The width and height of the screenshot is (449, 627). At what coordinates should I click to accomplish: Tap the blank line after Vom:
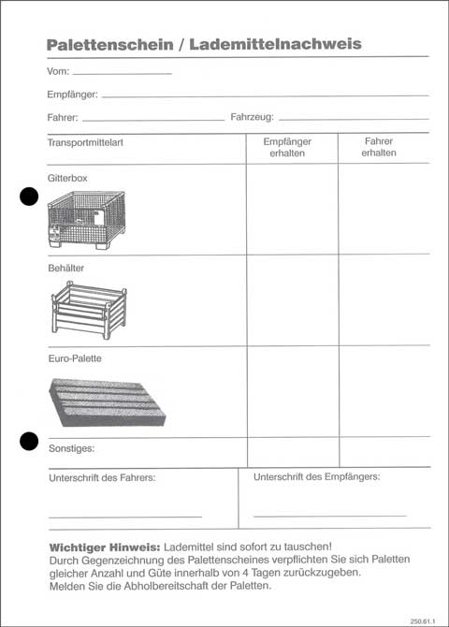[x=115, y=72]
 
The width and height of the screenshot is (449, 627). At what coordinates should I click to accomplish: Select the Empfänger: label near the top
[x=72, y=95]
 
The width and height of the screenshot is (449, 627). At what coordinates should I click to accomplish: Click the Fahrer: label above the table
[x=63, y=118]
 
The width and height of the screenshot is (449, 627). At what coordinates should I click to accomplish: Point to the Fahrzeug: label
[x=252, y=118]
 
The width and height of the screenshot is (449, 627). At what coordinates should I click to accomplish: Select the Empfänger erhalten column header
[x=292, y=147]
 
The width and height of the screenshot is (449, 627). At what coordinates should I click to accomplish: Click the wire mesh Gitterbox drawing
[x=85, y=220]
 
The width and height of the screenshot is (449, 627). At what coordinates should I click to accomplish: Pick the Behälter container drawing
[x=87, y=310]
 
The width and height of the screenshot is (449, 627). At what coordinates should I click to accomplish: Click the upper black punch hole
[x=30, y=196]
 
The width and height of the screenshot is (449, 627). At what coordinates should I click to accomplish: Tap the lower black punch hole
[x=30, y=439]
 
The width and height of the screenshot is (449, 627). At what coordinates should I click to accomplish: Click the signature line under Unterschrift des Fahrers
[x=124, y=517]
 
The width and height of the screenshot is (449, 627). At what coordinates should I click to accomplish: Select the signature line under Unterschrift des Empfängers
[x=329, y=516]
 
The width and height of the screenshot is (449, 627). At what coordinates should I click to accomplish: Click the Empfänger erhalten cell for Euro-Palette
[x=292, y=391]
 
